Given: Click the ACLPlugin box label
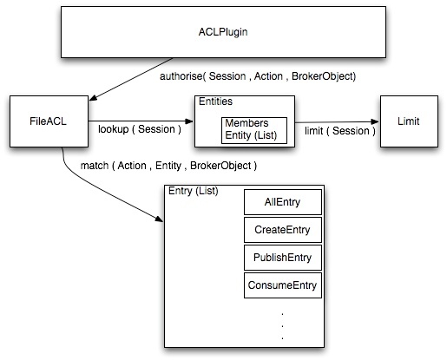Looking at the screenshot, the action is coord(223,32).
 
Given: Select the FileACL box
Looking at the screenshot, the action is coord(49,121).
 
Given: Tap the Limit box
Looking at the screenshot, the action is coord(409,121).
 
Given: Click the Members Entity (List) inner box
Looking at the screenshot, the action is coord(254,130).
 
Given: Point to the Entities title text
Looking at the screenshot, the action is coord(215,101).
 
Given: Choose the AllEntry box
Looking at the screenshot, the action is coord(283,202).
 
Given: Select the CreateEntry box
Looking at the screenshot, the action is coord(283,230).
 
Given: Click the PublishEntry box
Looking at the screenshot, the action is coord(283,258).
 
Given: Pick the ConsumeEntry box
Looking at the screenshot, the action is coord(283,285).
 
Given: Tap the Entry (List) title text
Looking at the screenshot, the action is coord(194,191).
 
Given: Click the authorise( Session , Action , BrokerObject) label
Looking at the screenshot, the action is coord(258,76).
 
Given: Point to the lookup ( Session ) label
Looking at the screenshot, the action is coord(140,129).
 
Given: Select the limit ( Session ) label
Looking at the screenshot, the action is coord(340,131).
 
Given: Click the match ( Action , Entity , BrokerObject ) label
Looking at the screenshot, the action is coord(168,166).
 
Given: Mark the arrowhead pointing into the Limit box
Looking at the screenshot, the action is coord(375,121).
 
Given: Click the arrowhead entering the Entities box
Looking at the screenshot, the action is coord(189,121).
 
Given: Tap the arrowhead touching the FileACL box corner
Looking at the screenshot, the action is coord(93,98).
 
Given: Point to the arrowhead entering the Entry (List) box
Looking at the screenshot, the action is coord(159,219).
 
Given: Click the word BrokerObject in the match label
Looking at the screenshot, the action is coord(220,166).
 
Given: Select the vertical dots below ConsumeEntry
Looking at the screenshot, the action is coord(282,325).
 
